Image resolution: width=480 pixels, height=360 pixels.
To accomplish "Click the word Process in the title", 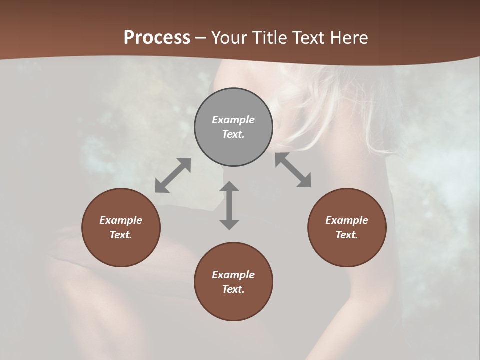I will (x=157, y=38).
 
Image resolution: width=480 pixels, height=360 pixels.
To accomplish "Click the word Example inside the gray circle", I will (x=233, y=120).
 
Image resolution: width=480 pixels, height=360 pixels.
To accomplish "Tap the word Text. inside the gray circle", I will (x=233, y=134).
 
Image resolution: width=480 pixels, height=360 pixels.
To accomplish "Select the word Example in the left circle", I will (x=121, y=220).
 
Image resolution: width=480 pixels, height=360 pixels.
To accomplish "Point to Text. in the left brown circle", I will (x=121, y=235).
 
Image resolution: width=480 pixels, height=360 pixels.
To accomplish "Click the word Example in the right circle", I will (x=347, y=220).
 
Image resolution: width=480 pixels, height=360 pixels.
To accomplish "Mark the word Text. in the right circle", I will (x=347, y=235).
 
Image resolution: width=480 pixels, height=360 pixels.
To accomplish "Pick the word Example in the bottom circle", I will (x=233, y=275).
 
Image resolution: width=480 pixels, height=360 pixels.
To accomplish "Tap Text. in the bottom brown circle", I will (x=233, y=289).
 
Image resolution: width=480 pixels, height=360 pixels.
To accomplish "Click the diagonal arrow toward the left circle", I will (x=173, y=175).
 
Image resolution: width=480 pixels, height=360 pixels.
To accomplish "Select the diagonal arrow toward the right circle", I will (x=293, y=170).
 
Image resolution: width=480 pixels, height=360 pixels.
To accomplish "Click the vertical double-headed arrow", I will (x=229, y=205).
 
